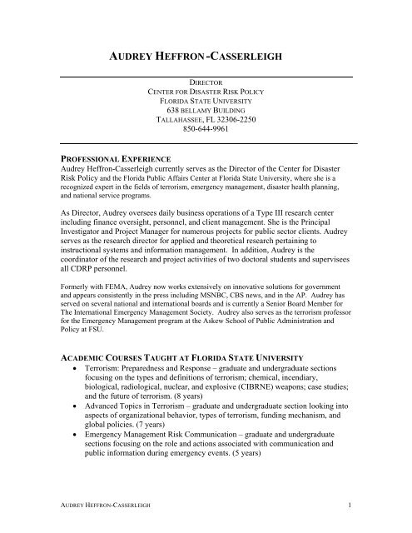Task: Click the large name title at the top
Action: point(206,58)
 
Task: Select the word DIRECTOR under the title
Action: point(206,85)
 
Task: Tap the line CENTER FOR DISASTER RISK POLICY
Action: point(206,94)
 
